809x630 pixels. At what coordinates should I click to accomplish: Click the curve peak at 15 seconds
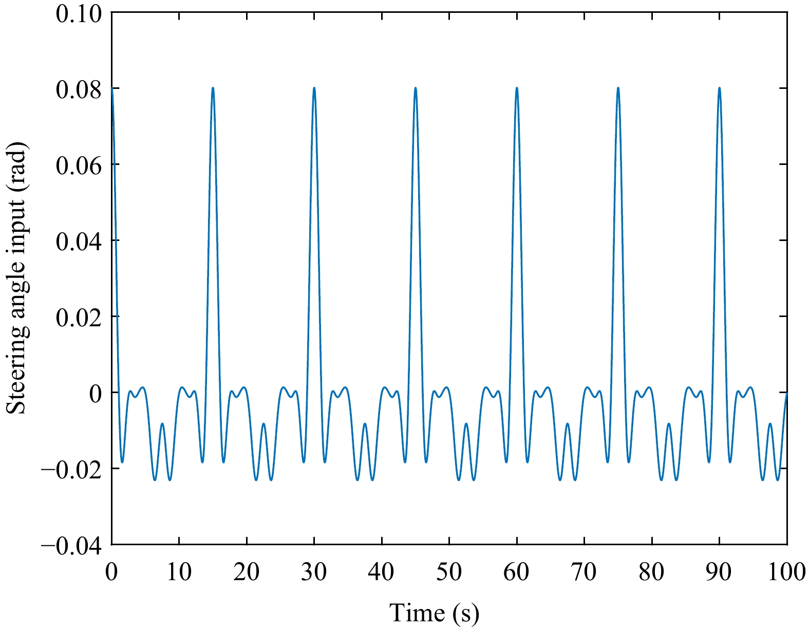[x=213, y=88]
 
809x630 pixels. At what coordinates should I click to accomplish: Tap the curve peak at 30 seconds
[x=314, y=88]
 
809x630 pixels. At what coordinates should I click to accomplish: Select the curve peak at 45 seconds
[x=416, y=88]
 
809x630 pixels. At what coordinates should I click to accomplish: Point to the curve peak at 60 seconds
[x=517, y=88]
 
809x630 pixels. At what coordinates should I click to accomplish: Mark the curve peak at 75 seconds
[x=618, y=88]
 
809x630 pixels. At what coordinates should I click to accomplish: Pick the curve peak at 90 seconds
[x=719, y=88]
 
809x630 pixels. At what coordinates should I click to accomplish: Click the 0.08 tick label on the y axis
[x=79, y=90]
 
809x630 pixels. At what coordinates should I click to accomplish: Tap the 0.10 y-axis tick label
[x=79, y=14]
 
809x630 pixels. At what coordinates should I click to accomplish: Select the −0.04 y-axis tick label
[x=71, y=546]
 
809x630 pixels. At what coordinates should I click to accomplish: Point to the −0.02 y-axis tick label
[x=71, y=469]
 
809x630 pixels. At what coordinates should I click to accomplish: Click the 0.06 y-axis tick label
[x=79, y=166]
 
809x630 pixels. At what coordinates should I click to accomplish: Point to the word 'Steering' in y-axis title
[x=17, y=364]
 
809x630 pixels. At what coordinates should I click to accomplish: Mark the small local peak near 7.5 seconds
[x=162, y=424]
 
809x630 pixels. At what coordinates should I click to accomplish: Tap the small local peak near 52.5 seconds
[x=466, y=424]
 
